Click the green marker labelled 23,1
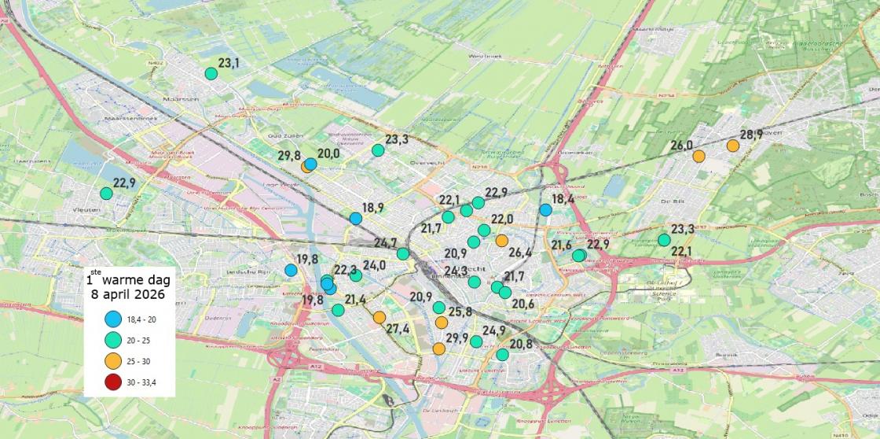pos(211,74)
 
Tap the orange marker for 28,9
pos(733,146)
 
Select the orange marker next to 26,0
pos(698,156)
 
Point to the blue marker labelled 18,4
pos(545,210)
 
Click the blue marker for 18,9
pos(356,218)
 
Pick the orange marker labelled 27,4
pos(379,317)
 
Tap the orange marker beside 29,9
pos(438,349)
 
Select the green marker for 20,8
pos(502,355)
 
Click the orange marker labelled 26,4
pos(501,240)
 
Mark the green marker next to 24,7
pos(403,253)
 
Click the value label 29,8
pos(288,155)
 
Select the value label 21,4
pos(354,299)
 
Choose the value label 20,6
pos(522,304)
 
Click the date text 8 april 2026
pos(127,295)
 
